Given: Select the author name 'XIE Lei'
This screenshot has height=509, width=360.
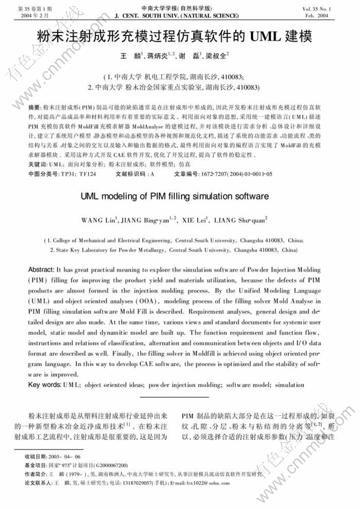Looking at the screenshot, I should point(196,219).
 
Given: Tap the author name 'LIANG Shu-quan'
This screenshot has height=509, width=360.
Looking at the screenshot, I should point(240,219).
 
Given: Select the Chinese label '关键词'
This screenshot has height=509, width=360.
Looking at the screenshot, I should point(37,165).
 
